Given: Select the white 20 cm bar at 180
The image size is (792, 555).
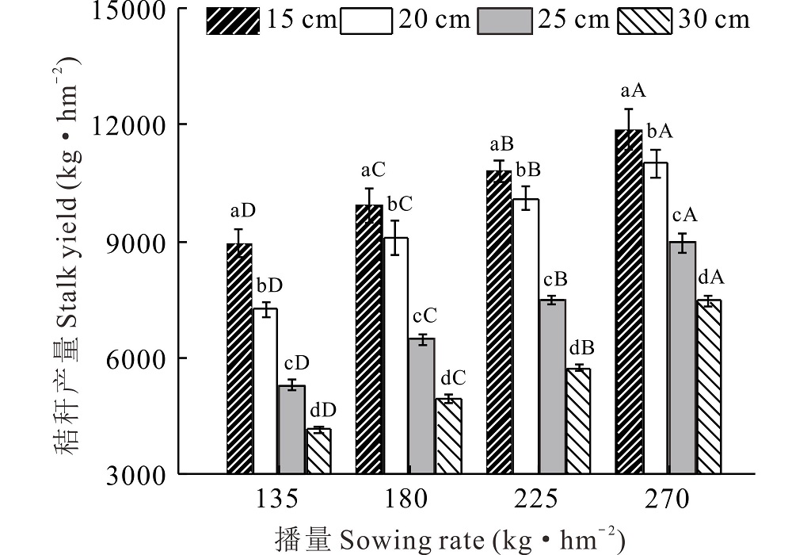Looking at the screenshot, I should (x=395, y=356).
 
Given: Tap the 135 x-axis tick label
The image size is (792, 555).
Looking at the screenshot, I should (x=277, y=500).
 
